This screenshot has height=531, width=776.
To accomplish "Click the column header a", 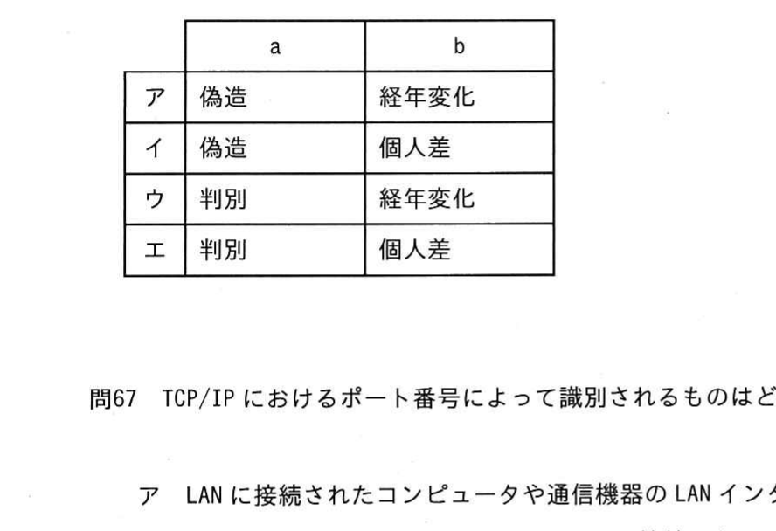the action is point(275,47).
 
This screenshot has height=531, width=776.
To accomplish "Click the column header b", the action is point(460,46).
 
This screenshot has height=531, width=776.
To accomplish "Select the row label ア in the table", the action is point(155,98).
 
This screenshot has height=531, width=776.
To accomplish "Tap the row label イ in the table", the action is point(155,148).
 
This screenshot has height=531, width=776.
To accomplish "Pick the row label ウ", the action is point(155,199).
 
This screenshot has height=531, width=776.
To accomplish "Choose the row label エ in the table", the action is point(155,250).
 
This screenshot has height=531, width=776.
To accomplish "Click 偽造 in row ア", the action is point(223,97).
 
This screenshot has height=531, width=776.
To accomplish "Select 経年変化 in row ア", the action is point(427,97).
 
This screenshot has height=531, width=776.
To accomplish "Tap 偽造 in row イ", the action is point(223,148).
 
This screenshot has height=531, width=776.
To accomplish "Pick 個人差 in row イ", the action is point(415,148).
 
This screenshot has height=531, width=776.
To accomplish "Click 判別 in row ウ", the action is point(223,199).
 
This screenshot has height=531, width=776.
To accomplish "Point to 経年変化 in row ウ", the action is point(427,199).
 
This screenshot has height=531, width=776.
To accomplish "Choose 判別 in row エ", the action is point(223,250).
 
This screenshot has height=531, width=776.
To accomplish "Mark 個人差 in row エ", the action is point(415,250).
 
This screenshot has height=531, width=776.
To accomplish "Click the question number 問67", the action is point(113,398).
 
